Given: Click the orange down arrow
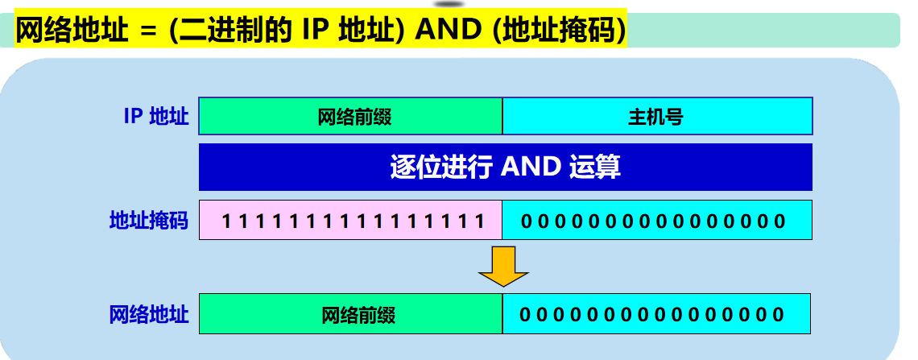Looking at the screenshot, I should [x=503, y=267].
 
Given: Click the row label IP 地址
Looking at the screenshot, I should [x=156, y=117].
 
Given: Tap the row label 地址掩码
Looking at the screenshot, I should [x=149, y=221].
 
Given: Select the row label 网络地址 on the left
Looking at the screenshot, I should [x=149, y=314].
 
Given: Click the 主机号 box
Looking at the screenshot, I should [x=657, y=117].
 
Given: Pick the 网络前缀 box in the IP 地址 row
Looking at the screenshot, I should [x=351, y=117].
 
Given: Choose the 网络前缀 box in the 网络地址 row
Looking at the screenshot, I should [x=351, y=314].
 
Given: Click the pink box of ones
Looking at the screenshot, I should [x=351, y=221].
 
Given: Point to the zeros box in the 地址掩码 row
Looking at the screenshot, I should [x=657, y=221].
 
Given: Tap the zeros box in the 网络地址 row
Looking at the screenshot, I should [x=655, y=314].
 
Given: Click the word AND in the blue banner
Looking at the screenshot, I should [x=531, y=167].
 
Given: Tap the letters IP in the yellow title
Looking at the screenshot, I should [x=316, y=31].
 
